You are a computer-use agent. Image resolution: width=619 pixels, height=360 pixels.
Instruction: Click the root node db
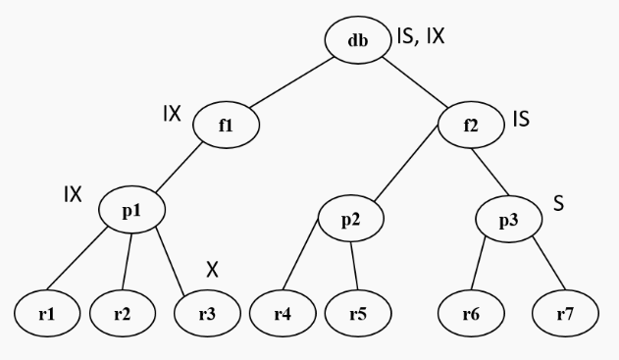358,42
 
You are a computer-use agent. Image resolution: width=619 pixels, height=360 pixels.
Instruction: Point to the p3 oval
508,217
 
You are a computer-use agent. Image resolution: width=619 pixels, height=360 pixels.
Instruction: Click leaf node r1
45,315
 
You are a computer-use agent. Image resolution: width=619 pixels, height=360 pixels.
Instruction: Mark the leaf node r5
357,315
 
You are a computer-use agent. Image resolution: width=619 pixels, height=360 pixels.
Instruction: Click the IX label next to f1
172,113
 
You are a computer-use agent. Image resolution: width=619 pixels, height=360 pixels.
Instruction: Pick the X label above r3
211,268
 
